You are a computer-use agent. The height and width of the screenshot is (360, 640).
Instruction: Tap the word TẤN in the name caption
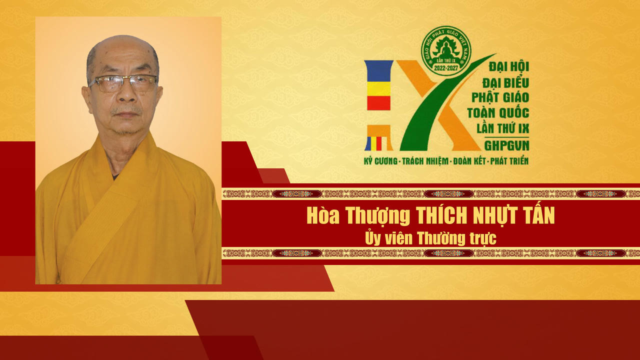click(x=540, y=216)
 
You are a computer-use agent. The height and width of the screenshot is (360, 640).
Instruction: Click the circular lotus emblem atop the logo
click(x=445, y=50)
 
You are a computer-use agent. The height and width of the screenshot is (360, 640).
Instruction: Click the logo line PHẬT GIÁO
click(x=500, y=96)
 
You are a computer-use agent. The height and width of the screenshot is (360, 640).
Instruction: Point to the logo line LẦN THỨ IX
click(x=500, y=128)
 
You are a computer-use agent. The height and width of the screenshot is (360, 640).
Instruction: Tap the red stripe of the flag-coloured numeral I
click(x=378, y=103)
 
